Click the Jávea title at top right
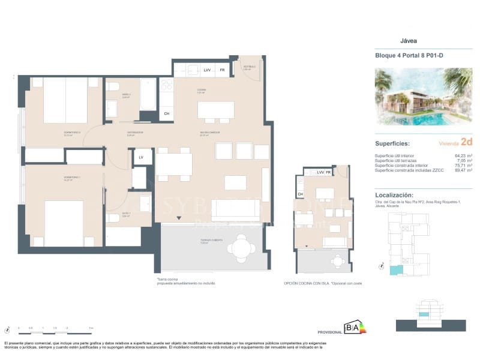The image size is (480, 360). click(x=408, y=41)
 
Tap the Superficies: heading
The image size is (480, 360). click(x=392, y=144)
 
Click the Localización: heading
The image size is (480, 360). click(x=394, y=195)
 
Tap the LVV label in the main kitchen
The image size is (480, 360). click(x=207, y=70)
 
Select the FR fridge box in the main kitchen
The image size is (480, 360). click(x=222, y=70)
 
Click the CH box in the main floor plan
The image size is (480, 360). click(x=167, y=113)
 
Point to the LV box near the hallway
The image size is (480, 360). click(x=141, y=157)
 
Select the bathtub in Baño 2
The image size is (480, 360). click(x=148, y=94)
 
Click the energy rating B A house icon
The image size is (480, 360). click(x=353, y=327)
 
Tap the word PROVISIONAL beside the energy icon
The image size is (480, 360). click(x=329, y=331)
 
